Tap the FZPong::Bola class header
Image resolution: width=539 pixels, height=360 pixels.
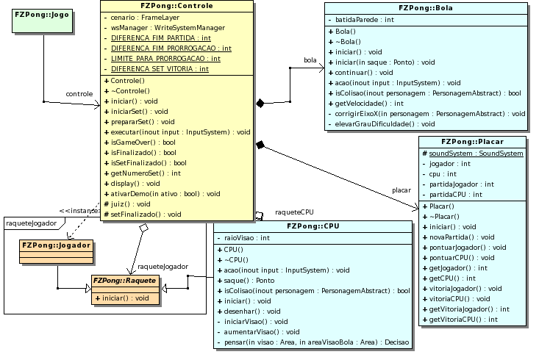click(x=426, y=8)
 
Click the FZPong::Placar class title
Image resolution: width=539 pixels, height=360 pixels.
click(x=472, y=141)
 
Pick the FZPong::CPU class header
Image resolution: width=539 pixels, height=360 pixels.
click(x=313, y=226)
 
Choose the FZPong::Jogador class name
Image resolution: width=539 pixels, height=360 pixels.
click(x=57, y=245)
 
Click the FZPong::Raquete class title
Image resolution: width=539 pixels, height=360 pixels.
click(x=124, y=281)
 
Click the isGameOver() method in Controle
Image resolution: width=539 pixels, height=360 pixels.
click(x=143, y=142)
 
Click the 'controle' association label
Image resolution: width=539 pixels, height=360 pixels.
click(x=79, y=94)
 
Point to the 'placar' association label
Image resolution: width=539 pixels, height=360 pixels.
click(x=401, y=190)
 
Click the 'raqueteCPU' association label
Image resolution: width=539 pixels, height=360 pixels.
click(x=294, y=212)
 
